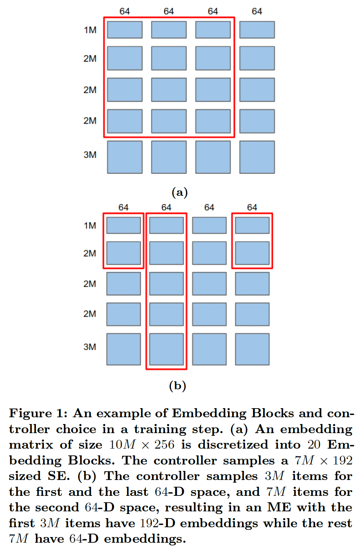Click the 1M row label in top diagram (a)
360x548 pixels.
90,30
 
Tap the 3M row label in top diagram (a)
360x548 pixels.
90,155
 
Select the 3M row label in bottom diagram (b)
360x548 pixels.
90,347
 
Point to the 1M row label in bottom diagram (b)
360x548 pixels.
90,226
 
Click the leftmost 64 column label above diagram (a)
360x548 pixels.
124,11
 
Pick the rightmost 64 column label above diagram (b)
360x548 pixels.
252,207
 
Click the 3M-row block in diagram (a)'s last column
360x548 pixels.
257,157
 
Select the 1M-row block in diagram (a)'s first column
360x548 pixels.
125,30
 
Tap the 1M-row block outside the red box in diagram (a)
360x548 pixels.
257,30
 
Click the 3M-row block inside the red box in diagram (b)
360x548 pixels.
166,349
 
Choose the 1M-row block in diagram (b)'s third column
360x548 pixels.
209,226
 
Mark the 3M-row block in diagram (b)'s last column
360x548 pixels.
252,349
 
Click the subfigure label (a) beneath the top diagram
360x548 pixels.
180,192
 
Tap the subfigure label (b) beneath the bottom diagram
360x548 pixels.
178,385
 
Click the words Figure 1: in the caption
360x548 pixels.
38,413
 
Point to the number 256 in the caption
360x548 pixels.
164,445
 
